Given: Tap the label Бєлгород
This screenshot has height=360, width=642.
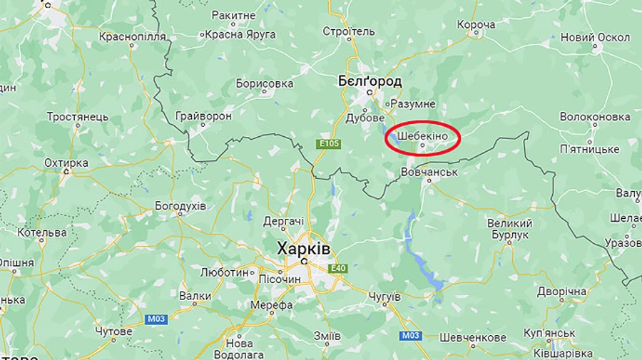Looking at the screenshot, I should point(370,81).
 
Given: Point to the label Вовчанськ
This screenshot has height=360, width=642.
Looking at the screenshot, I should point(429,172).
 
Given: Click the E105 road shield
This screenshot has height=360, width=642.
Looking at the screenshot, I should point(329,144).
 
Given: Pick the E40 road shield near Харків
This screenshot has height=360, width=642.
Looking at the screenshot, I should point(337,268).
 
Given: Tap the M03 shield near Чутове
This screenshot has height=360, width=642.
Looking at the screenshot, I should point(156,319).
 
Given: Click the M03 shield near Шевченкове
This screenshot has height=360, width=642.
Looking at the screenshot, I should point(410,335).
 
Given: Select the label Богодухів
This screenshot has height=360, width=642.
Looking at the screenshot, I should point(180,206).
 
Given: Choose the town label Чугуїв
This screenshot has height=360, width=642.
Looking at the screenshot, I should point(385,296).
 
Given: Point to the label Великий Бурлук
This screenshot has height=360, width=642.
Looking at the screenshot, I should point(509,229).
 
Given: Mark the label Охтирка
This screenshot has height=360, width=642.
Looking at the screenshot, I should point(66,163).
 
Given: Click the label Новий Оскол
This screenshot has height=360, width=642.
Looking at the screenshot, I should point(595,37).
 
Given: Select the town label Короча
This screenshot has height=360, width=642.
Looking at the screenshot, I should point(476,25).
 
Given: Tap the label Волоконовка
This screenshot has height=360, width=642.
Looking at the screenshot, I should point(595,115).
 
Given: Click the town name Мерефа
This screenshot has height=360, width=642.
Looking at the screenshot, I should point(271,305).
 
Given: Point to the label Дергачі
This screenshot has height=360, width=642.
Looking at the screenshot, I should point(283,221).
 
